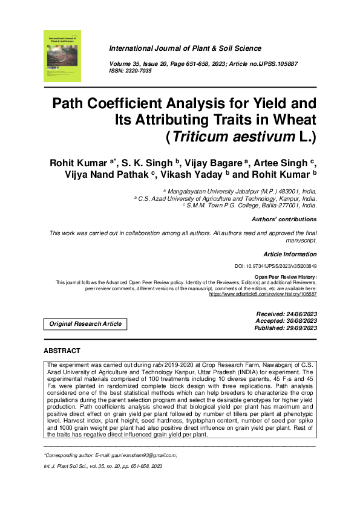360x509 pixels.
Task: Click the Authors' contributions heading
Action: click(x=284, y=219)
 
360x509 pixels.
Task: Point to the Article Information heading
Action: click(x=290, y=254)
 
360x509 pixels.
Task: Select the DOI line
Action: click(x=275, y=267)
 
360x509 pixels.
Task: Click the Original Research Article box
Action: click(x=85, y=324)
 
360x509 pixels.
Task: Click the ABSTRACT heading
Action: click(x=62, y=351)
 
